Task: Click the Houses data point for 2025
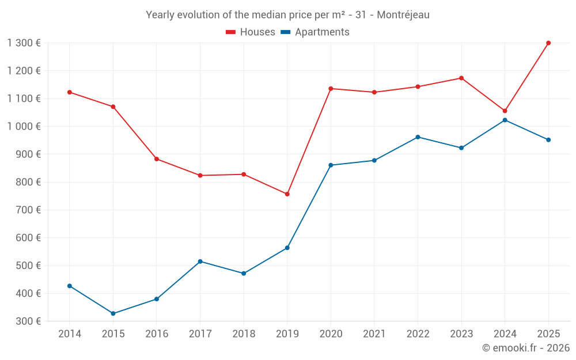(548, 43)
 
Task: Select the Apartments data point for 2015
(113, 313)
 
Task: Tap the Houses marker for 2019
(287, 194)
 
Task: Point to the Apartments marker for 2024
(505, 120)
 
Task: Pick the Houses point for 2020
(331, 89)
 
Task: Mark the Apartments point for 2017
(200, 262)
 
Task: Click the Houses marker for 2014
(70, 92)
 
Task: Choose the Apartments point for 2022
(418, 137)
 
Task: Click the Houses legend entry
(251, 32)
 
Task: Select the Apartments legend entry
(315, 32)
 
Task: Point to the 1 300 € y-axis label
(24, 43)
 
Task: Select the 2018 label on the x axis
(244, 334)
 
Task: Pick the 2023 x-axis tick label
(461, 334)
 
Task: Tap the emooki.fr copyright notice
(525, 348)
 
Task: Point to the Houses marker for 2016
(157, 159)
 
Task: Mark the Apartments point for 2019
(287, 248)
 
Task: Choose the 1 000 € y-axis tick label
(24, 127)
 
